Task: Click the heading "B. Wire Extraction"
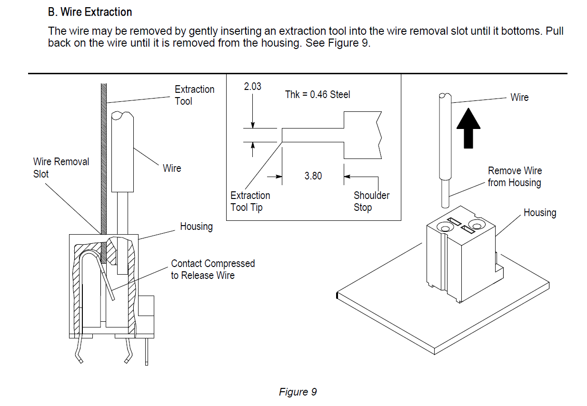(90, 12)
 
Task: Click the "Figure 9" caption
(298, 392)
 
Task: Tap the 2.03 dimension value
(252, 87)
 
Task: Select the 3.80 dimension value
(313, 176)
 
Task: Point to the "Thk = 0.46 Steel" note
(318, 95)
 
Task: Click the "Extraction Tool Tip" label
(250, 201)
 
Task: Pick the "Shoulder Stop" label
(371, 201)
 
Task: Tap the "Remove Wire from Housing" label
(515, 177)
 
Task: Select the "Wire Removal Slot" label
(61, 168)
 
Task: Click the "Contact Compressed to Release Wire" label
(213, 269)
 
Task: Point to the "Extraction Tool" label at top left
(194, 95)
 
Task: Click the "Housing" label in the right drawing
(539, 213)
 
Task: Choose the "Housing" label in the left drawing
(196, 227)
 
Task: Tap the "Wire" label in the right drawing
(519, 98)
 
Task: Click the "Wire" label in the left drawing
(172, 168)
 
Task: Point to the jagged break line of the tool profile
(378, 135)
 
